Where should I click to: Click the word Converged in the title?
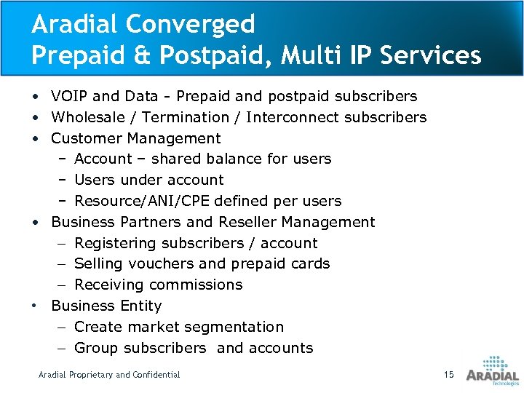point(191,25)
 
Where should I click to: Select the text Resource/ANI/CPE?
point(135,201)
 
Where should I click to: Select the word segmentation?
point(233,327)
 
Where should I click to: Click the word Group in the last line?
point(97,348)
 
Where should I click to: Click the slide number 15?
point(448,374)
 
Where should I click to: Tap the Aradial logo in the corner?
point(492,370)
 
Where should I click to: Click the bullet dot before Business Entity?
point(36,305)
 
